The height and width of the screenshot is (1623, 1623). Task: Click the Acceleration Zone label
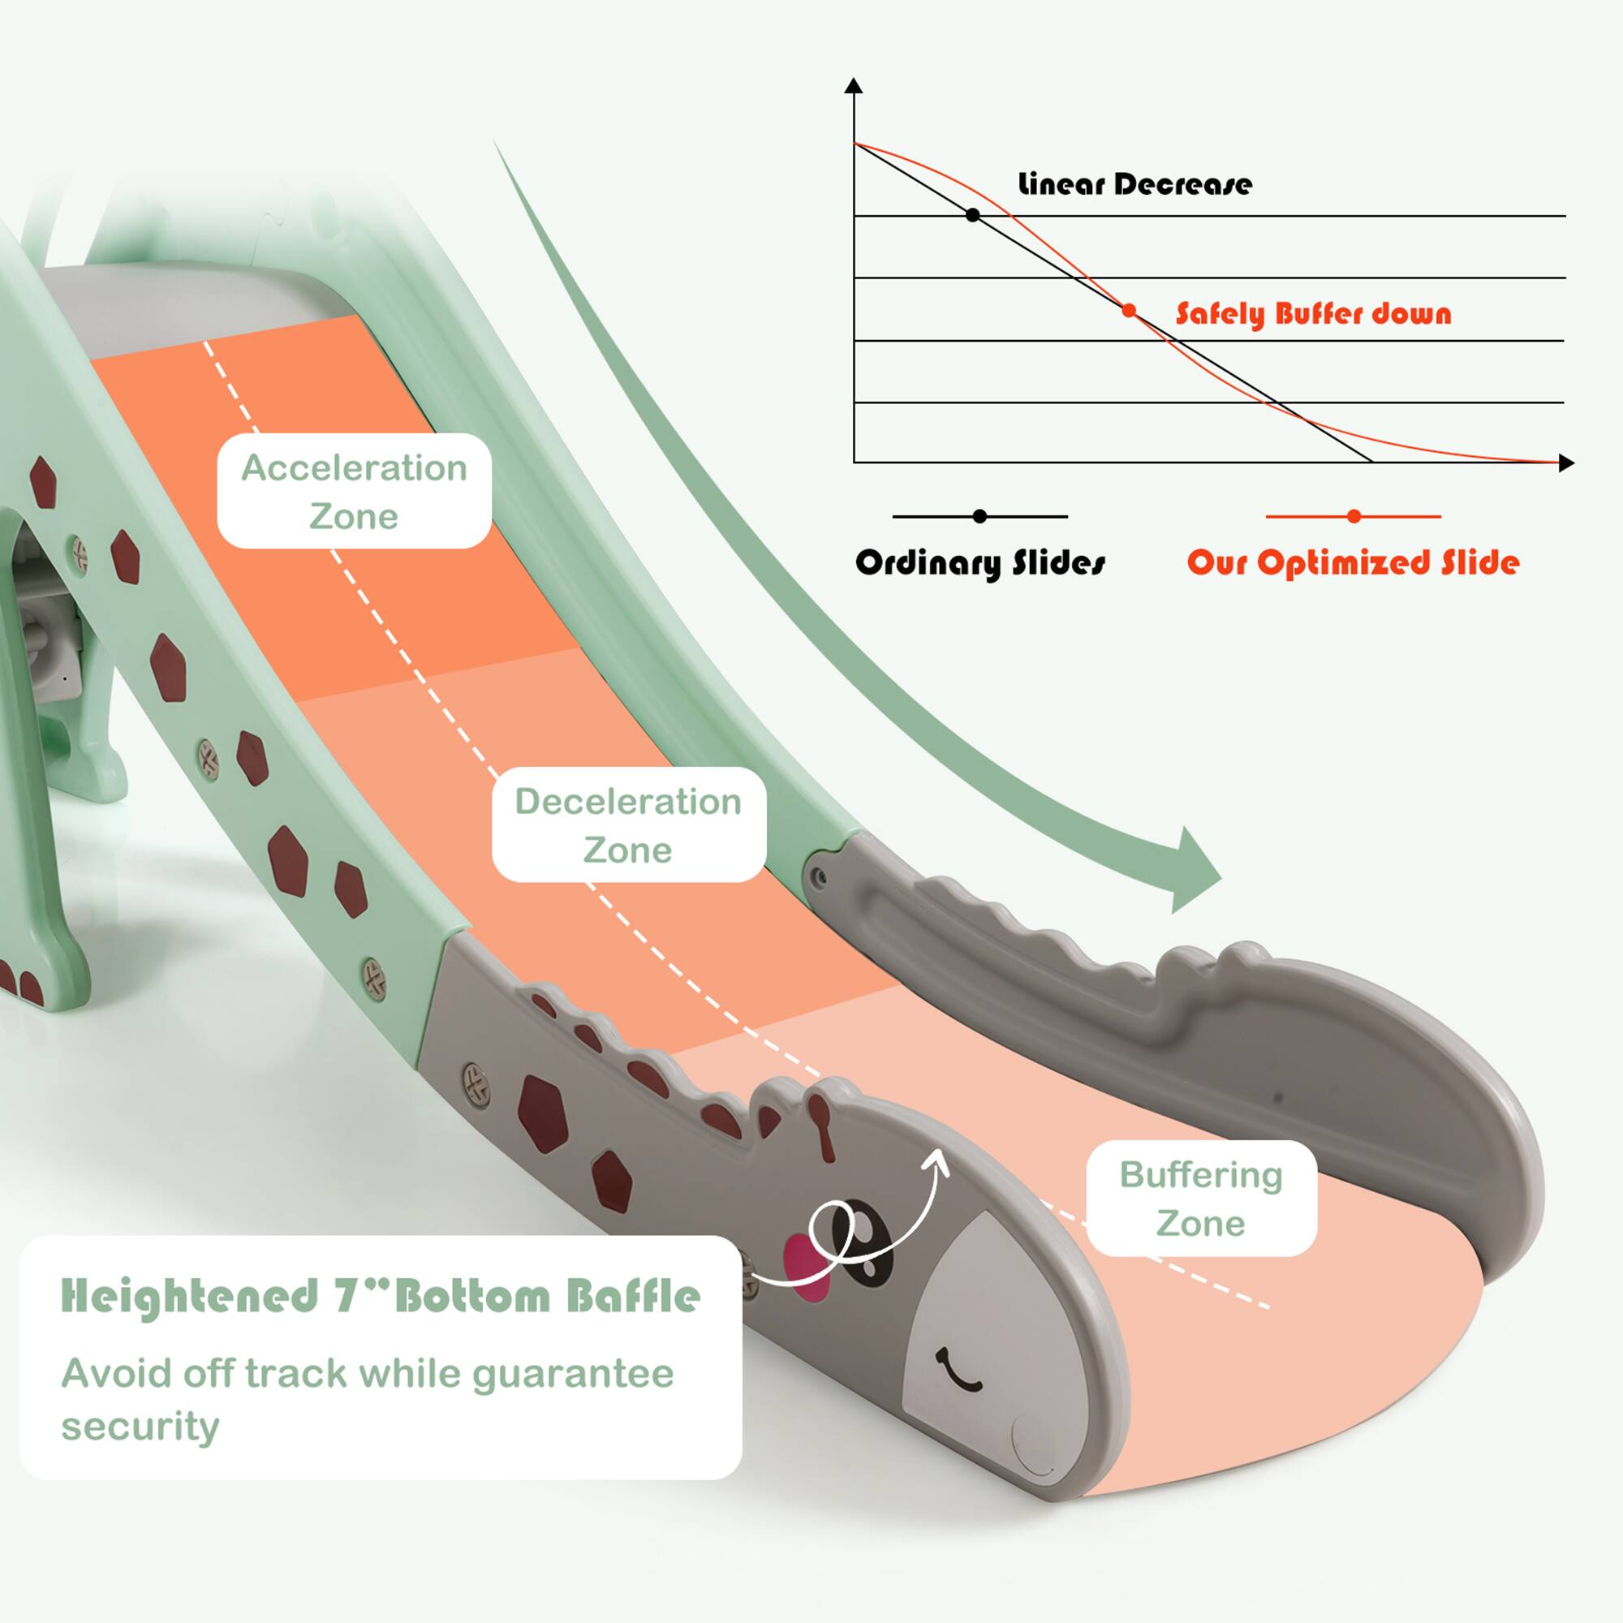[x=354, y=492]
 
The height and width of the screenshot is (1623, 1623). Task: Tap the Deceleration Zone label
[x=628, y=825]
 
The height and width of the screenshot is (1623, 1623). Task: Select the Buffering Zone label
[x=1200, y=1199]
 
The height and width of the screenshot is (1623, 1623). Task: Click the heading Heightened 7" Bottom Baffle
[x=381, y=1296]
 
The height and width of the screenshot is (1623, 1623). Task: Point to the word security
[x=140, y=1427]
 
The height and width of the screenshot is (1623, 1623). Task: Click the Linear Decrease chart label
[x=1134, y=184]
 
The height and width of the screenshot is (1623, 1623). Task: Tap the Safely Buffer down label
[x=1313, y=313]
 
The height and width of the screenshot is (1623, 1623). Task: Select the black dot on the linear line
[x=973, y=215]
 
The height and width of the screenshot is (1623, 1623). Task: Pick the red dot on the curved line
[x=1129, y=311]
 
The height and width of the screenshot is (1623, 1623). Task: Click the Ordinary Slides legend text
[x=980, y=563]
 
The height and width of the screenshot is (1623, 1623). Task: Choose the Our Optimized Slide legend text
[x=1353, y=563]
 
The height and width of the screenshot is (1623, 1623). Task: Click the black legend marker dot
[x=979, y=517]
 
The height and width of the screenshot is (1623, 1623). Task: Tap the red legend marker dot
[x=1354, y=517]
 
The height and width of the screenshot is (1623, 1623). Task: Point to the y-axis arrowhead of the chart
[x=854, y=85]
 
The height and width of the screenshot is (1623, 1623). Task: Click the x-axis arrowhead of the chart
[x=1566, y=462]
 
